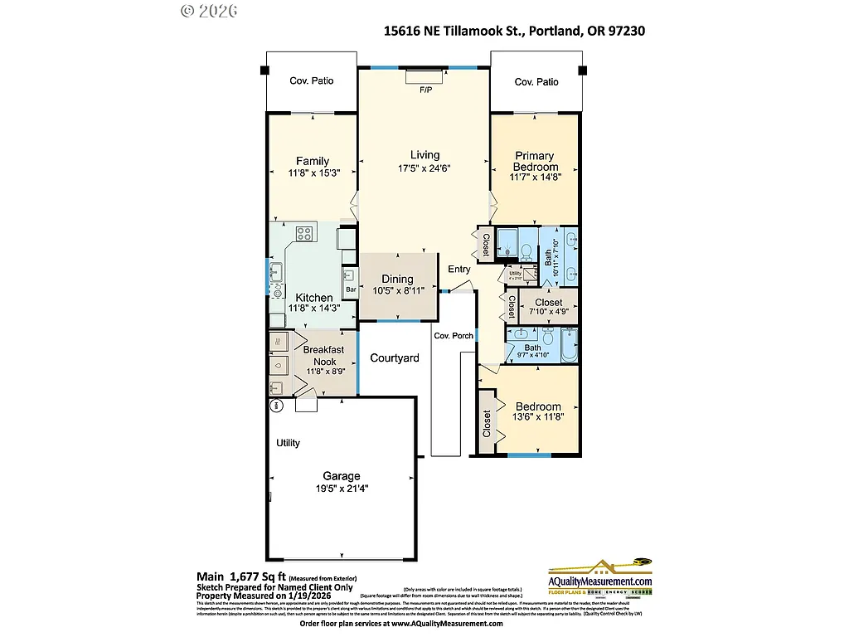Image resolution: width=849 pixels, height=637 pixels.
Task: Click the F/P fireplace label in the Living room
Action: click(426, 89)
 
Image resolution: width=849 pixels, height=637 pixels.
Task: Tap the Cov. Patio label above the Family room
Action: click(311, 81)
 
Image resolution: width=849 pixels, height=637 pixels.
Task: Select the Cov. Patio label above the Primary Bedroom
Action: click(536, 82)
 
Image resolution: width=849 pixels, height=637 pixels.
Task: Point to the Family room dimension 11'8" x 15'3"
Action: click(312, 173)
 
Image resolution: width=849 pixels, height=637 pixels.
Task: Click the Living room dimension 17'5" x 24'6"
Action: click(424, 168)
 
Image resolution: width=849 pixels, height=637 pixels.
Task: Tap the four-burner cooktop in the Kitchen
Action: click(304, 233)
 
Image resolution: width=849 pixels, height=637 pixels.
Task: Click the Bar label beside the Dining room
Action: click(351, 289)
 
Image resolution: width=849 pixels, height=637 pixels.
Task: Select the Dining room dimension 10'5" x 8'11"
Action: click(397, 291)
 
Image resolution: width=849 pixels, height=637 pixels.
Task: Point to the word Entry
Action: click(458, 269)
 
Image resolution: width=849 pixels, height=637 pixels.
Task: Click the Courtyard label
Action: click(394, 358)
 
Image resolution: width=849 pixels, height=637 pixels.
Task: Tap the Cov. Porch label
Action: click(454, 336)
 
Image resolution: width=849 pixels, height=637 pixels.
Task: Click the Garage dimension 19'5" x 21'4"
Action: click(341, 489)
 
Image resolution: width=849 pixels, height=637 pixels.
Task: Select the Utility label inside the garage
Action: click(288, 444)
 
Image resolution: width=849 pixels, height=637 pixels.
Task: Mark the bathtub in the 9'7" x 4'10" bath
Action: click(569, 347)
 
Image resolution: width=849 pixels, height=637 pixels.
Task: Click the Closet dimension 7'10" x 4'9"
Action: click(548, 313)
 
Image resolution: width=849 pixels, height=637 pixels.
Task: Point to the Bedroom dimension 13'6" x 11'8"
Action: click(538, 417)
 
